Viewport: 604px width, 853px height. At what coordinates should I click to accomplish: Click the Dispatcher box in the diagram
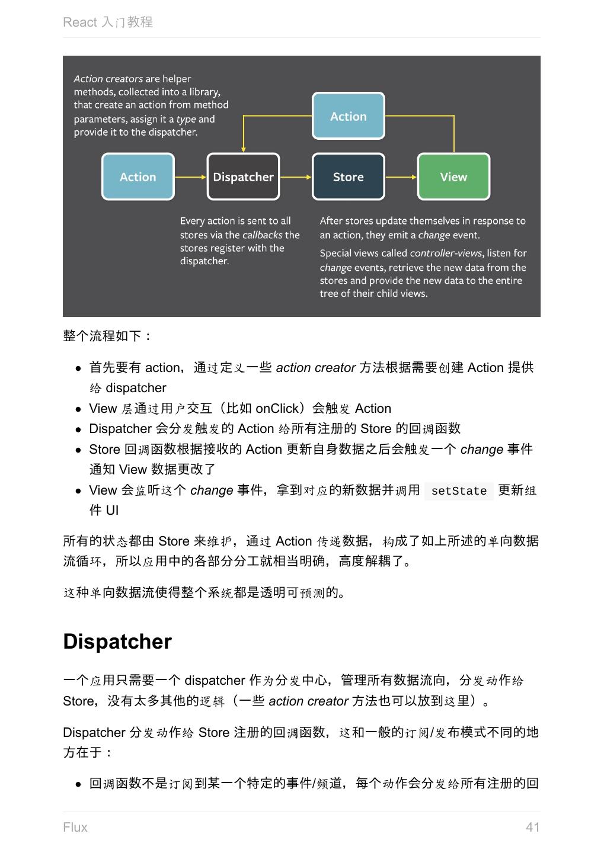click(243, 177)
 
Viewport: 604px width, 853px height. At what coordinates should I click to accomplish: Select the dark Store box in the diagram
click(348, 177)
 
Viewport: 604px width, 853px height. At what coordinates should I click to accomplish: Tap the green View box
click(453, 177)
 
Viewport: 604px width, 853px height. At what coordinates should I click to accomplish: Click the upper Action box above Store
click(348, 116)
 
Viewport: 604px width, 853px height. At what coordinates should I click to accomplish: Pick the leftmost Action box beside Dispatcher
click(138, 177)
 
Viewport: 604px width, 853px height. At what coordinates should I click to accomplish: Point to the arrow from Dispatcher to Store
click(295, 177)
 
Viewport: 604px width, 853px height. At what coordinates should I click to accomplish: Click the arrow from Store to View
click(401, 177)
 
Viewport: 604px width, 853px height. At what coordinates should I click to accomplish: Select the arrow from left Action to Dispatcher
click(190, 177)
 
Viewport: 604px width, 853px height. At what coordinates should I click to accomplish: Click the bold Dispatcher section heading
click(117, 642)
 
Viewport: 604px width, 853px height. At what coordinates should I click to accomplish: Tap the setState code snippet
click(459, 491)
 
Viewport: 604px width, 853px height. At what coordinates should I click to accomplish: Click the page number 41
click(532, 828)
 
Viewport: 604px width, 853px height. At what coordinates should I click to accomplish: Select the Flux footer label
click(75, 828)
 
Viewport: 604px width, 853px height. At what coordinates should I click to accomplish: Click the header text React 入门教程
click(108, 23)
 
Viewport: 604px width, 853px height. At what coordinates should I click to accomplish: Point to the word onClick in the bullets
click(277, 409)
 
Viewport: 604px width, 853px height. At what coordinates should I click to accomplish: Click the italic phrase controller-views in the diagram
click(446, 253)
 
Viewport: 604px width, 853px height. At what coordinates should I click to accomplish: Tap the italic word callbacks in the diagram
click(262, 235)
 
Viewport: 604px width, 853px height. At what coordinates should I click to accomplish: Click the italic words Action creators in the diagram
click(108, 79)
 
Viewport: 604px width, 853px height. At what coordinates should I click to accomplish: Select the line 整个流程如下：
click(107, 336)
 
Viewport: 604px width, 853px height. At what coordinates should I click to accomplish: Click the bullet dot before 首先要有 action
click(78, 368)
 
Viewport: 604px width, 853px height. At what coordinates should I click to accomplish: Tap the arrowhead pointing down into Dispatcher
click(243, 149)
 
